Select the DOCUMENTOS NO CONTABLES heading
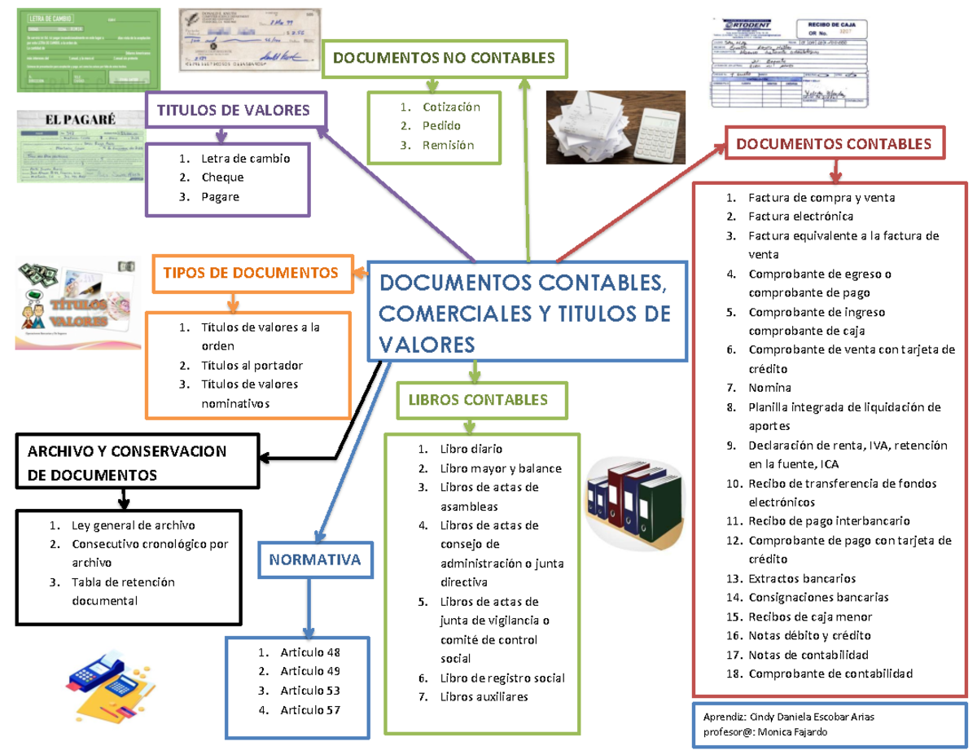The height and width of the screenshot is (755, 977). (x=444, y=57)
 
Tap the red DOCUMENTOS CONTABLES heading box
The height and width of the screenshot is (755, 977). (x=834, y=144)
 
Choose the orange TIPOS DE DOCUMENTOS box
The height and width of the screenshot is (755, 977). (x=251, y=273)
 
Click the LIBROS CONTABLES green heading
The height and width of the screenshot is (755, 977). (x=472, y=400)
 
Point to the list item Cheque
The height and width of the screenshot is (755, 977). (x=222, y=177)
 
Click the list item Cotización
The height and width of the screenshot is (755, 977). (x=451, y=107)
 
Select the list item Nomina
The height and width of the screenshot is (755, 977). (x=769, y=388)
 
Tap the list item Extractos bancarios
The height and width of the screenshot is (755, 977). (x=802, y=578)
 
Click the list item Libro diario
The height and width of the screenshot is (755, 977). (x=471, y=449)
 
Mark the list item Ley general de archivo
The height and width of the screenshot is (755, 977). (x=133, y=525)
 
